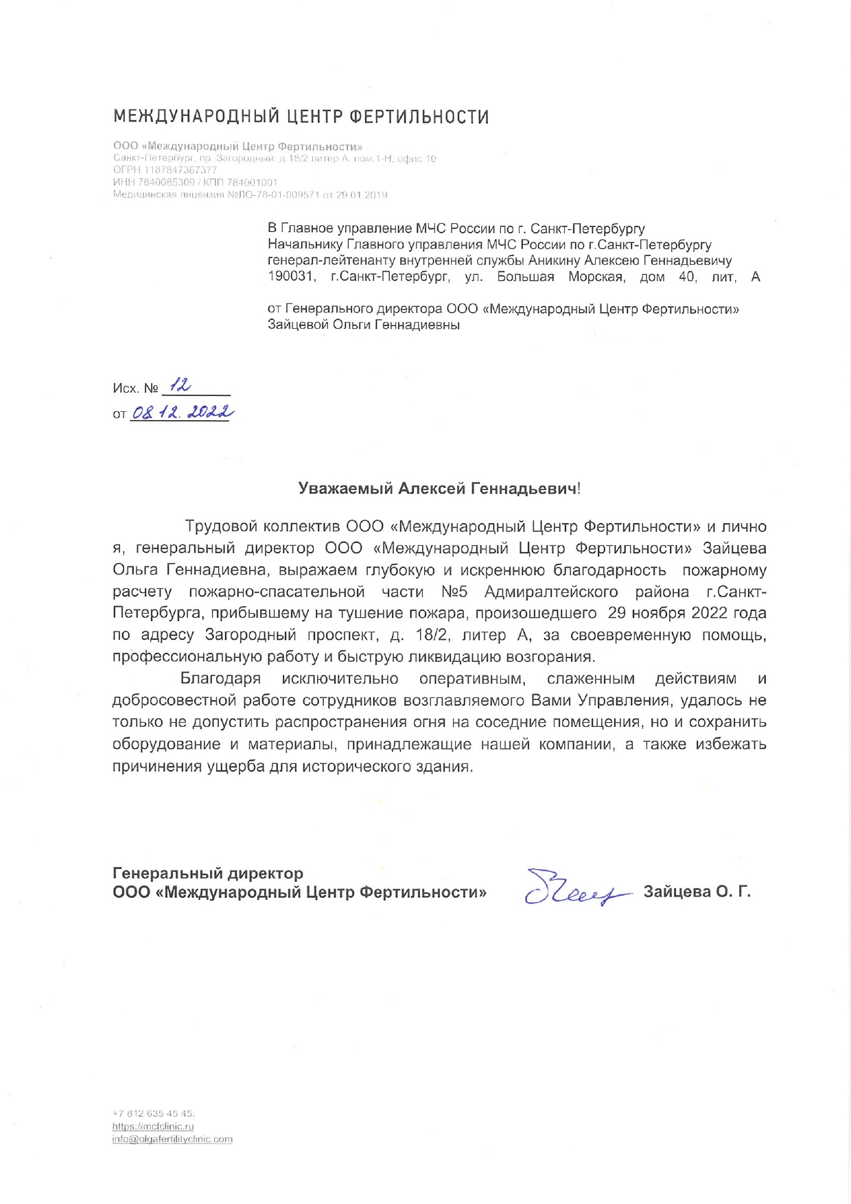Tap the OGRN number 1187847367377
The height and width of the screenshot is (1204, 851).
pos(180,170)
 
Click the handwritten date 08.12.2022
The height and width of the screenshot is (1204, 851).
pos(182,413)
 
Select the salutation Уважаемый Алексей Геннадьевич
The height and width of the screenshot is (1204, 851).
pos(438,489)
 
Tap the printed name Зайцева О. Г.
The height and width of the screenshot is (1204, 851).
pos(697,892)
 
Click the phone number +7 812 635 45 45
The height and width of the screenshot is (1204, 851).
pos(154,1113)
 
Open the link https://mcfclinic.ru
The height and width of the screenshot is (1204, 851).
pos(153,1126)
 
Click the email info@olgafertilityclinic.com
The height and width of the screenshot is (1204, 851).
pos(172,1139)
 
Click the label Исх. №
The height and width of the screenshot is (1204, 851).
pos(136,389)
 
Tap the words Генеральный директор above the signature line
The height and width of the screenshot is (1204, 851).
pos(208,873)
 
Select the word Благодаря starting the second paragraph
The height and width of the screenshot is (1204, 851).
pos(220,679)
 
